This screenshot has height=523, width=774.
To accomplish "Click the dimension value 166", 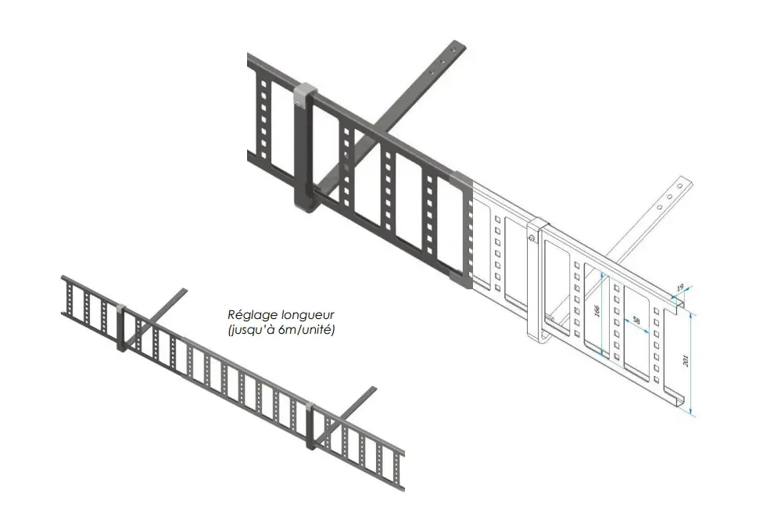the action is point(597,311).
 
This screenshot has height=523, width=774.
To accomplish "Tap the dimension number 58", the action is point(636,321).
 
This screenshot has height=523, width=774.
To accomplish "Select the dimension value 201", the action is point(686,360).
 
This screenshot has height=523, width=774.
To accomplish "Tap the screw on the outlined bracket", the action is point(532,238).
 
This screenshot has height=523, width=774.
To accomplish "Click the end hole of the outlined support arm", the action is point(679,186).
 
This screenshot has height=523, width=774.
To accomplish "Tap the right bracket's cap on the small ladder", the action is point(310,408).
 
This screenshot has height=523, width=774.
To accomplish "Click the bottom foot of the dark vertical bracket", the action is point(305,207).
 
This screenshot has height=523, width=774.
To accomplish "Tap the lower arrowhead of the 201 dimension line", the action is point(691,413).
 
